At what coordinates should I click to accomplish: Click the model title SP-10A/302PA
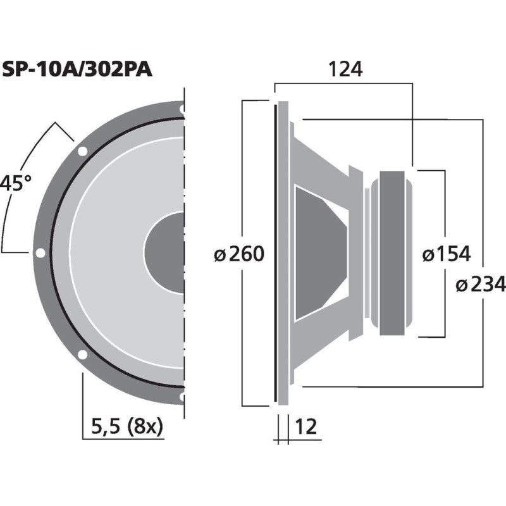coord(77,69)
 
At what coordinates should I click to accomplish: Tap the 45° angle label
coord(15,184)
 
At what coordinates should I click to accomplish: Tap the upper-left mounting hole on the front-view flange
coord(82,152)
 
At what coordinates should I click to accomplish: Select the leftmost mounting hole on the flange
coord(40,253)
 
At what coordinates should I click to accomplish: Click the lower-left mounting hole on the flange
coord(82,354)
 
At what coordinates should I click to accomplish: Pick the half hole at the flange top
coord(182,109)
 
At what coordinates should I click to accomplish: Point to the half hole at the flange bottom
coord(182,397)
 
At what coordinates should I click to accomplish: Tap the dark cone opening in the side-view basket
coord(319,253)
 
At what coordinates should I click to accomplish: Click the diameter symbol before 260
coord(219,255)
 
